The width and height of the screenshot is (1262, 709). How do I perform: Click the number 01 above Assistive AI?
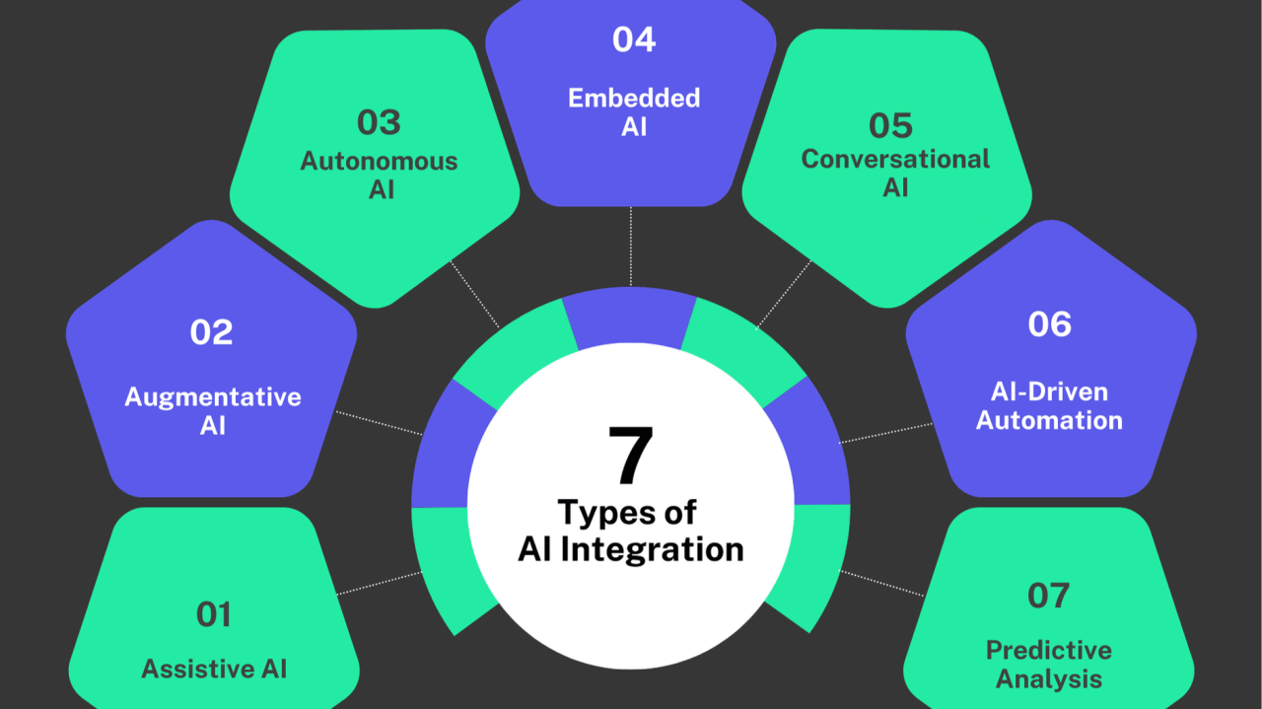pos(214,614)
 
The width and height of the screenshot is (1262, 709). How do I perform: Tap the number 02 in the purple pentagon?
pos(212,332)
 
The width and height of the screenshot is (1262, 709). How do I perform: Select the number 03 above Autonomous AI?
pos(380,123)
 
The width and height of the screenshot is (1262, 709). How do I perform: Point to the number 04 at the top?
pos(634,39)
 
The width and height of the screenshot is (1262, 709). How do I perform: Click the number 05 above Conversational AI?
pos(891,125)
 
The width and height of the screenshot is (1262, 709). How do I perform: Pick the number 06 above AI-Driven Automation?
pos(1049,324)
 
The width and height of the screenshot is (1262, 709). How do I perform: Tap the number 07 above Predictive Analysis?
pos(1048,596)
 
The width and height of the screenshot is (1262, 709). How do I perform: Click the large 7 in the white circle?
pos(630,457)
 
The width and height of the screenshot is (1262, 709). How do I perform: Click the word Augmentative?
pos(213,397)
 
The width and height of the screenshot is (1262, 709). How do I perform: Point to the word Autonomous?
pos(380,161)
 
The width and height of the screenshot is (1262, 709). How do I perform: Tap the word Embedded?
pos(634,98)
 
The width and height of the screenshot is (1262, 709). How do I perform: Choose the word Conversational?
pos(895,159)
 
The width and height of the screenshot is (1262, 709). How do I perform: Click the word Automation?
pos(1049,420)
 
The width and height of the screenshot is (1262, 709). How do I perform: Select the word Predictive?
pos(1049,650)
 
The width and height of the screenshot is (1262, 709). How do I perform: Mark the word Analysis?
pos(1049,678)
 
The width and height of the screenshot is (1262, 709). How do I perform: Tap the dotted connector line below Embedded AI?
pos(631,247)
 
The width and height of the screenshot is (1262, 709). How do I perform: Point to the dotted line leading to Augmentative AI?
pos(380,423)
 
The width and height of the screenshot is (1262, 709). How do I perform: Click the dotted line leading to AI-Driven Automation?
pos(885,434)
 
